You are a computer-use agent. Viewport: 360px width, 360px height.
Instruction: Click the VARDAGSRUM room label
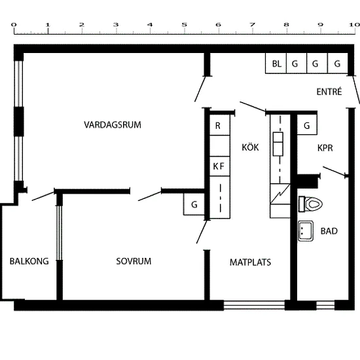click(113, 125)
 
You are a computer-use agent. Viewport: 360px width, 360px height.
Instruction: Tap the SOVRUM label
click(134, 261)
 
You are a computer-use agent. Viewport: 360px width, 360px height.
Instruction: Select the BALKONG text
click(29, 261)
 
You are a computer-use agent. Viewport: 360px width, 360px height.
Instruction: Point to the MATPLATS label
click(250, 262)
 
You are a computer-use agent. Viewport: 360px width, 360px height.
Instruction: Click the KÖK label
click(250, 147)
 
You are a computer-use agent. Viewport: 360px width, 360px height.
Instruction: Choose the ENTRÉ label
click(329, 92)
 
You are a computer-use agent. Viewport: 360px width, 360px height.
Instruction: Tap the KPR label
click(325, 148)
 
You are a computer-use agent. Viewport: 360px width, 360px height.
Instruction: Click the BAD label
click(329, 231)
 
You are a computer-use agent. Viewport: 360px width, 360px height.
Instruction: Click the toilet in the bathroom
click(311, 204)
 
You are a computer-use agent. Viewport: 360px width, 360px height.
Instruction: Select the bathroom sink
click(306, 231)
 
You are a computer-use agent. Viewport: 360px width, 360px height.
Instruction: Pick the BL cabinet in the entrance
click(276, 63)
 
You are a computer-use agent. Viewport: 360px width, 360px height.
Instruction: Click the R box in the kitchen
click(220, 125)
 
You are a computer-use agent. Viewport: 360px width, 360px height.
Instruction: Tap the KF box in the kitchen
click(220, 166)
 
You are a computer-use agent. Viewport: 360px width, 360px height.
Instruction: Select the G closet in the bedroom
click(194, 204)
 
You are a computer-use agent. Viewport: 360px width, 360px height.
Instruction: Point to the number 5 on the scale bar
click(184, 25)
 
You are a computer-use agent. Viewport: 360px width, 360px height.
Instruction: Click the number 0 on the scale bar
click(14, 25)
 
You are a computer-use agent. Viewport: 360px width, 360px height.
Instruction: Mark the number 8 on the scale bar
click(286, 25)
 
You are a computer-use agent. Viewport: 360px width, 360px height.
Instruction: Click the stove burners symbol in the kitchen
click(278, 144)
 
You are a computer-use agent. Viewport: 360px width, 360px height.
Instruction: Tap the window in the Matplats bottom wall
click(254, 305)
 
